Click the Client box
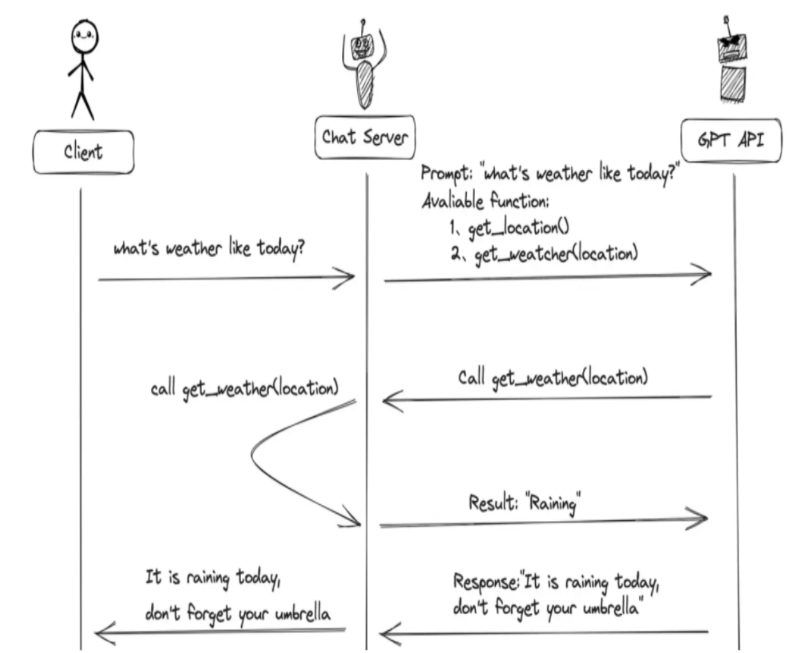coord(83,152)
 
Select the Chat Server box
coord(365,137)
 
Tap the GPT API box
coord(731,140)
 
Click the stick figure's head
coord(85,37)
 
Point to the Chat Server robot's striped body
coord(364,85)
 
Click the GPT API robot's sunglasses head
coord(732,47)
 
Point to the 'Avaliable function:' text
coord(485,201)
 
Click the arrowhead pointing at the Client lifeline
coord(105,633)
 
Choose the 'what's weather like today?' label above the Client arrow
coord(209,248)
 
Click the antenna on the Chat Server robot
coord(362,27)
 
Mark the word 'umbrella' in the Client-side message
coord(303,613)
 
